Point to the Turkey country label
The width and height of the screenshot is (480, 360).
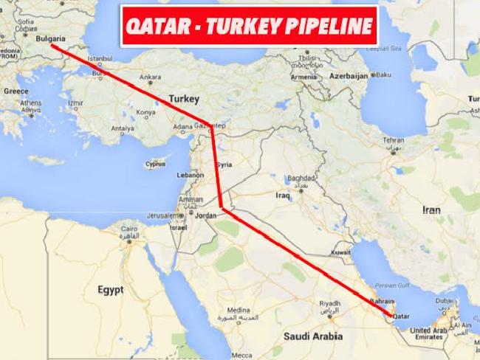point(185,98)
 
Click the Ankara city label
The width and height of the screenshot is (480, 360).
point(150,76)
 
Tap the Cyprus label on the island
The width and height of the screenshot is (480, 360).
point(155,165)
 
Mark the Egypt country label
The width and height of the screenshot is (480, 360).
point(110,290)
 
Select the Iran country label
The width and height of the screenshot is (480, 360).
point(431,210)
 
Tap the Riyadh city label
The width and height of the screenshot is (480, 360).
point(329,303)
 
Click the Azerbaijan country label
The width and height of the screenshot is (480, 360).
point(349,76)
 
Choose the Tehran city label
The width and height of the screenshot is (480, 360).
point(393,139)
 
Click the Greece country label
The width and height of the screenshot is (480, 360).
point(16,91)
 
